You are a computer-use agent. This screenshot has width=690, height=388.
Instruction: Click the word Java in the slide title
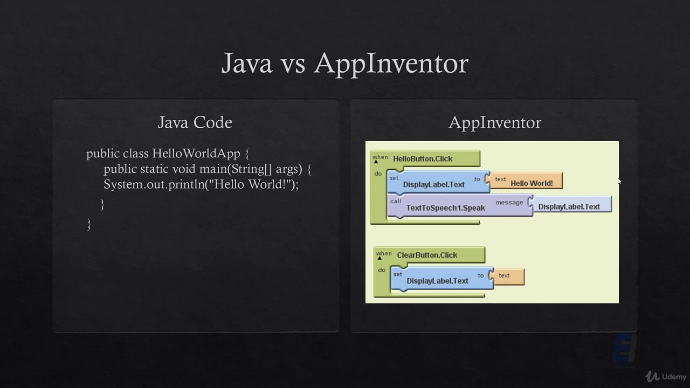pyautogui.click(x=247, y=63)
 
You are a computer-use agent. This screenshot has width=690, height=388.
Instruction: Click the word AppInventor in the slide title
pyautogui.click(x=391, y=63)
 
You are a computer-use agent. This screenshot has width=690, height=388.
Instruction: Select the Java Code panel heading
pyautogui.click(x=195, y=122)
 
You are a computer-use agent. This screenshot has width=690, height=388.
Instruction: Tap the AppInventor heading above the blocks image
pyautogui.click(x=494, y=122)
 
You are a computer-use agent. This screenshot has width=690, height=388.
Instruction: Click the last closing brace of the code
pyautogui.click(x=89, y=224)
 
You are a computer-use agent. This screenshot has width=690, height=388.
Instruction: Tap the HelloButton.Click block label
pyautogui.click(x=423, y=159)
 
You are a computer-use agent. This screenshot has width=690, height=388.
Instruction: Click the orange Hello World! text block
pyautogui.click(x=531, y=183)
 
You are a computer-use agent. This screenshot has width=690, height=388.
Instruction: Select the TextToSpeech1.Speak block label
pyautogui.click(x=445, y=208)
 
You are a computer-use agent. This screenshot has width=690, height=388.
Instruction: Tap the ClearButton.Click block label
pyautogui.click(x=427, y=255)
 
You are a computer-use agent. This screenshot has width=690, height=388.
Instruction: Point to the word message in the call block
pyautogui.click(x=509, y=203)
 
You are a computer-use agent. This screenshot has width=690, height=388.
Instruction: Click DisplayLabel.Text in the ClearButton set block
pyautogui.click(x=437, y=281)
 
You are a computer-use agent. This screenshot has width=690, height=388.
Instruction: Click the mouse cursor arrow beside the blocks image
pyautogui.click(x=619, y=182)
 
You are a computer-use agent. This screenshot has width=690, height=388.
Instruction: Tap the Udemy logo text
pyautogui.click(x=674, y=377)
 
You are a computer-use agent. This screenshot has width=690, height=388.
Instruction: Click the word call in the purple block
pyautogui.click(x=396, y=201)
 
